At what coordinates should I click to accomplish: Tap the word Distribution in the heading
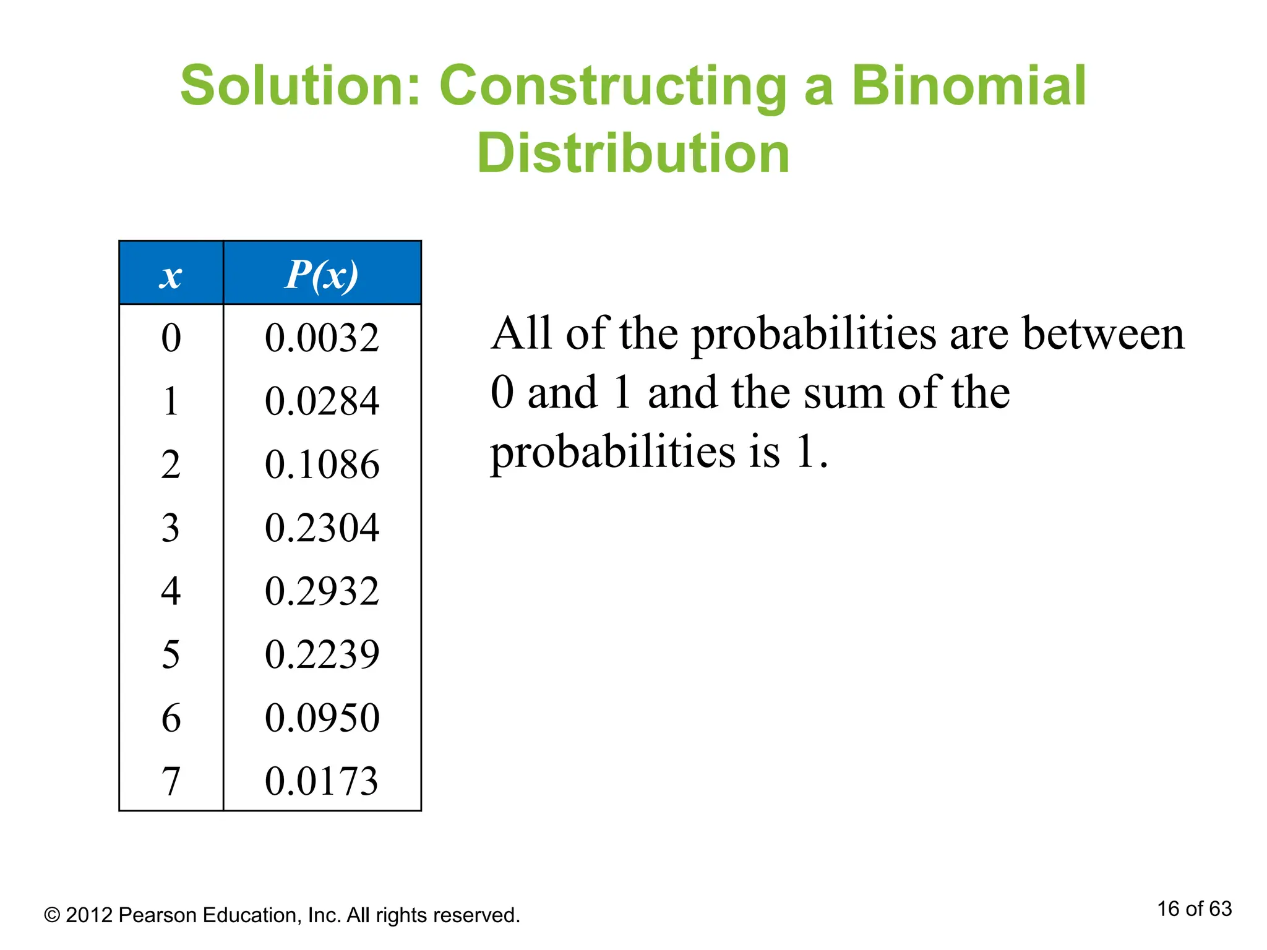coord(633,153)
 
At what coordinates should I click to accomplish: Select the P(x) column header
coord(322,274)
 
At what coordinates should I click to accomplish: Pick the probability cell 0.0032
coord(322,338)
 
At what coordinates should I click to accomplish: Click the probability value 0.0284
coord(322,401)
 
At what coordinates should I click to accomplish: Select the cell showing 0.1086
coord(322,464)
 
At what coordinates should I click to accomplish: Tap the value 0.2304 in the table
coord(322,528)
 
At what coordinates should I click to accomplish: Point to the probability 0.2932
coord(322,591)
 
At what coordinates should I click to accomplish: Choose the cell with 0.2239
coord(322,654)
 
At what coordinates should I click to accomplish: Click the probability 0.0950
coord(322,717)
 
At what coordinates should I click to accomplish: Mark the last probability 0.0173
coord(322,781)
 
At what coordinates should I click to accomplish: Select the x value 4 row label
coord(171,591)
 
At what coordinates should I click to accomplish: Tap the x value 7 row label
coord(171,781)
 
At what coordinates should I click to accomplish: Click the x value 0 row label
coord(171,338)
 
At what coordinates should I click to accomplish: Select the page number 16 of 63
coord(1194,909)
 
